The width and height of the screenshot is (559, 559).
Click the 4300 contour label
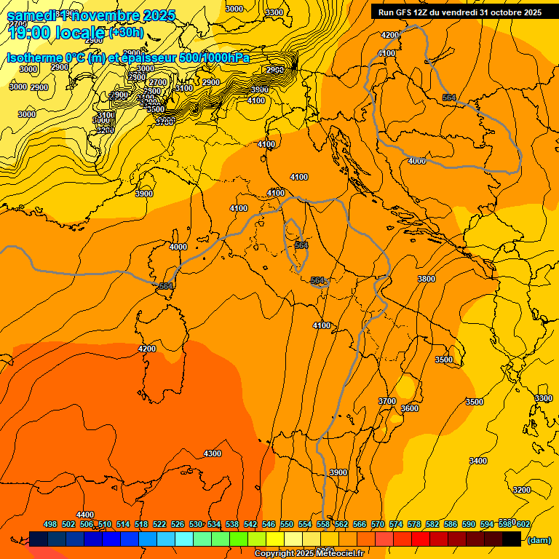click(x=212, y=453)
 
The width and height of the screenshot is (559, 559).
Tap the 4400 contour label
click(x=85, y=515)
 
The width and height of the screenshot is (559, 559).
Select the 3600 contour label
click(x=410, y=408)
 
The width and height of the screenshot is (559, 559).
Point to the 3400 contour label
click(x=478, y=461)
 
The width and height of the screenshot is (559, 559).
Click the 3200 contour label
click(x=522, y=490)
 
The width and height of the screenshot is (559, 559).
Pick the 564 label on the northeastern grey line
click(x=449, y=98)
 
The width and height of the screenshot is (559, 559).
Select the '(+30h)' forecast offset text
click(x=126, y=33)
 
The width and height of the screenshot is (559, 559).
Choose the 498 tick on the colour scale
click(x=50, y=524)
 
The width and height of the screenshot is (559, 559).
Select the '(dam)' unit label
click(x=539, y=539)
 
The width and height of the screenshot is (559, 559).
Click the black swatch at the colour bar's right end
click(x=512, y=539)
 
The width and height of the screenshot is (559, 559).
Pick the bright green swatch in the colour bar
click(x=239, y=539)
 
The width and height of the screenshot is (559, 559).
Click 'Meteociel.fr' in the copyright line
click(x=343, y=554)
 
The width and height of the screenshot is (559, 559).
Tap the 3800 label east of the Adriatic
click(x=427, y=279)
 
